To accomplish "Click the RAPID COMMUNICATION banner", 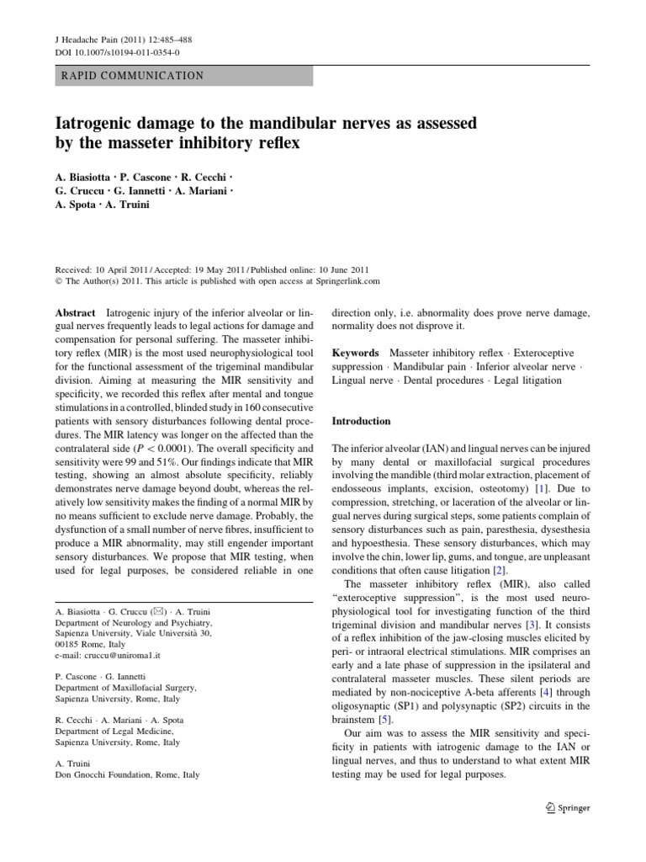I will pos(133,76).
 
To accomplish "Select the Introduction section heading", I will pos(362,421).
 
